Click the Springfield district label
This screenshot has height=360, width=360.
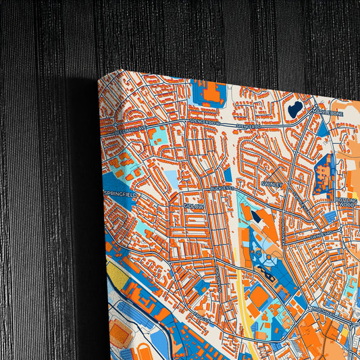pyautogui.click(x=120, y=195)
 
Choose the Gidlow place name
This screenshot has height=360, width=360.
pyautogui.click(x=192, y=206)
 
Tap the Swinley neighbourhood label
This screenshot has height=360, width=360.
pyautogui.click(x=272, y=183)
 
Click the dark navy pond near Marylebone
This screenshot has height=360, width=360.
pyautogui.click(x=295, y=109)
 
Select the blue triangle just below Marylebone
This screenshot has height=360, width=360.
pyautogui.click(x=323, y=128)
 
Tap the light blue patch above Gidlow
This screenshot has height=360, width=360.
pyautogui.click(x=172, y=180)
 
